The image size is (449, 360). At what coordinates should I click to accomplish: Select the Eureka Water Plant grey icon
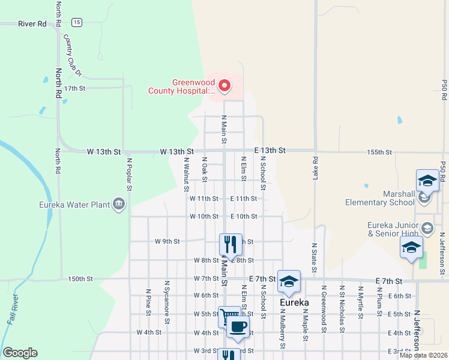coord(119,205)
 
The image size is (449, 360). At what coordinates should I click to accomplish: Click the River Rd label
coord(32,24)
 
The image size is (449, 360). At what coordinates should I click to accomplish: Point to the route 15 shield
coord(76,22)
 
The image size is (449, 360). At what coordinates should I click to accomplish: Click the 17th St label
coord(76,88)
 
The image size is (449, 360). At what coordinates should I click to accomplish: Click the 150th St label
coord(80,279)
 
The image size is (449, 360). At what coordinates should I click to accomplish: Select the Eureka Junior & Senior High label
coord(393,229)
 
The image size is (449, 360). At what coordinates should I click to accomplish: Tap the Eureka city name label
coord(294,303)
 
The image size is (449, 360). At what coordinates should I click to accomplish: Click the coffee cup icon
coord(239,327)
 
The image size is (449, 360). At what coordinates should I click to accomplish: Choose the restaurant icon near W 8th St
coord(231,244)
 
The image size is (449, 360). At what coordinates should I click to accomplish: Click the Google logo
coord(20,353)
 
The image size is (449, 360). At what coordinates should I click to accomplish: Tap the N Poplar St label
coord(129,174)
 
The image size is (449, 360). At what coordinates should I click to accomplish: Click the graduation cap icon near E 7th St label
coord(289,281)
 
